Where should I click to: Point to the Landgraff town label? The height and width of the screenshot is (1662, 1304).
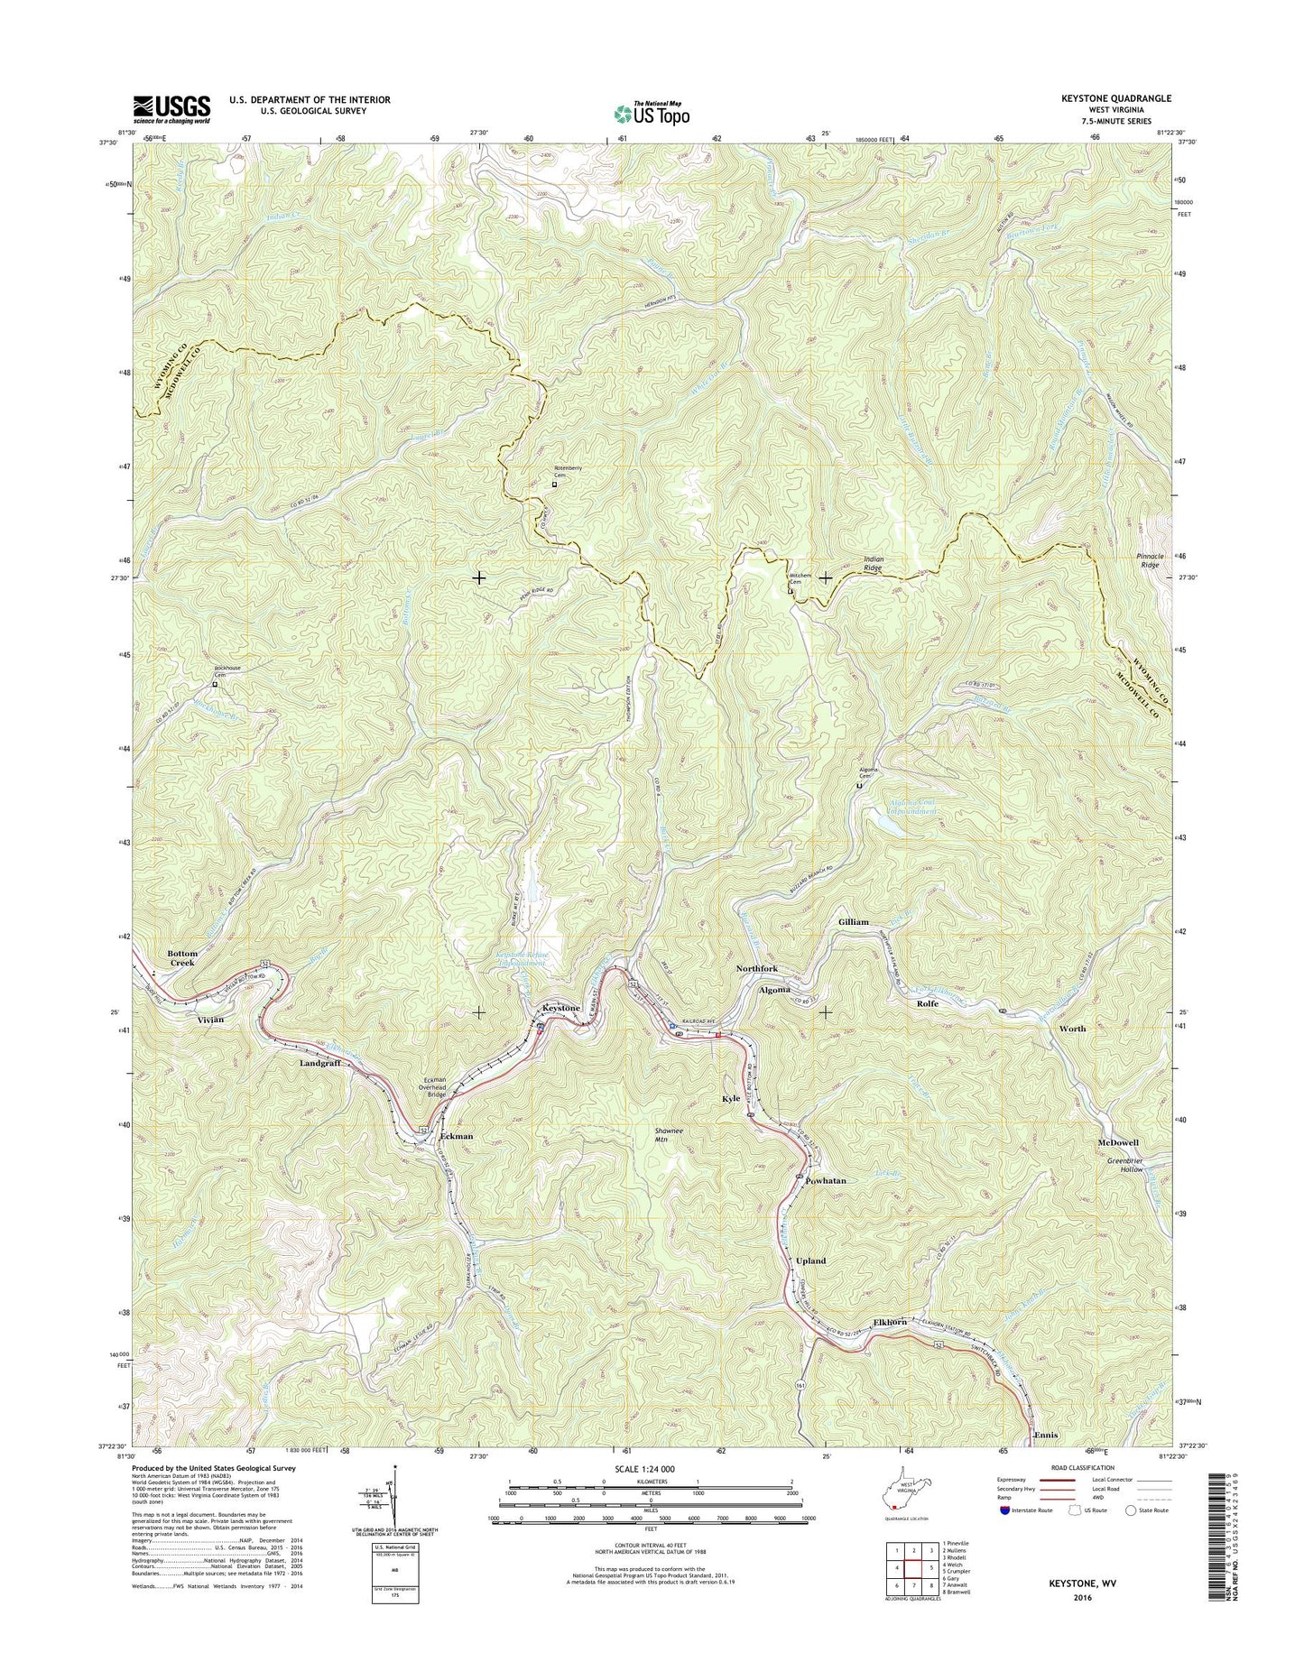tap(320, 1063)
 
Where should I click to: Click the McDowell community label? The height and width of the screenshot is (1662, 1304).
tap(1118, 1142)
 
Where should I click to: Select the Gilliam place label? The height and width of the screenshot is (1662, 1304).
tap(853, 921)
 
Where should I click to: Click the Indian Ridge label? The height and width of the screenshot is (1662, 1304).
tap(874, 564)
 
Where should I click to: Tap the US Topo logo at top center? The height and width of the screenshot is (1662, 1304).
tap(652, 113)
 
